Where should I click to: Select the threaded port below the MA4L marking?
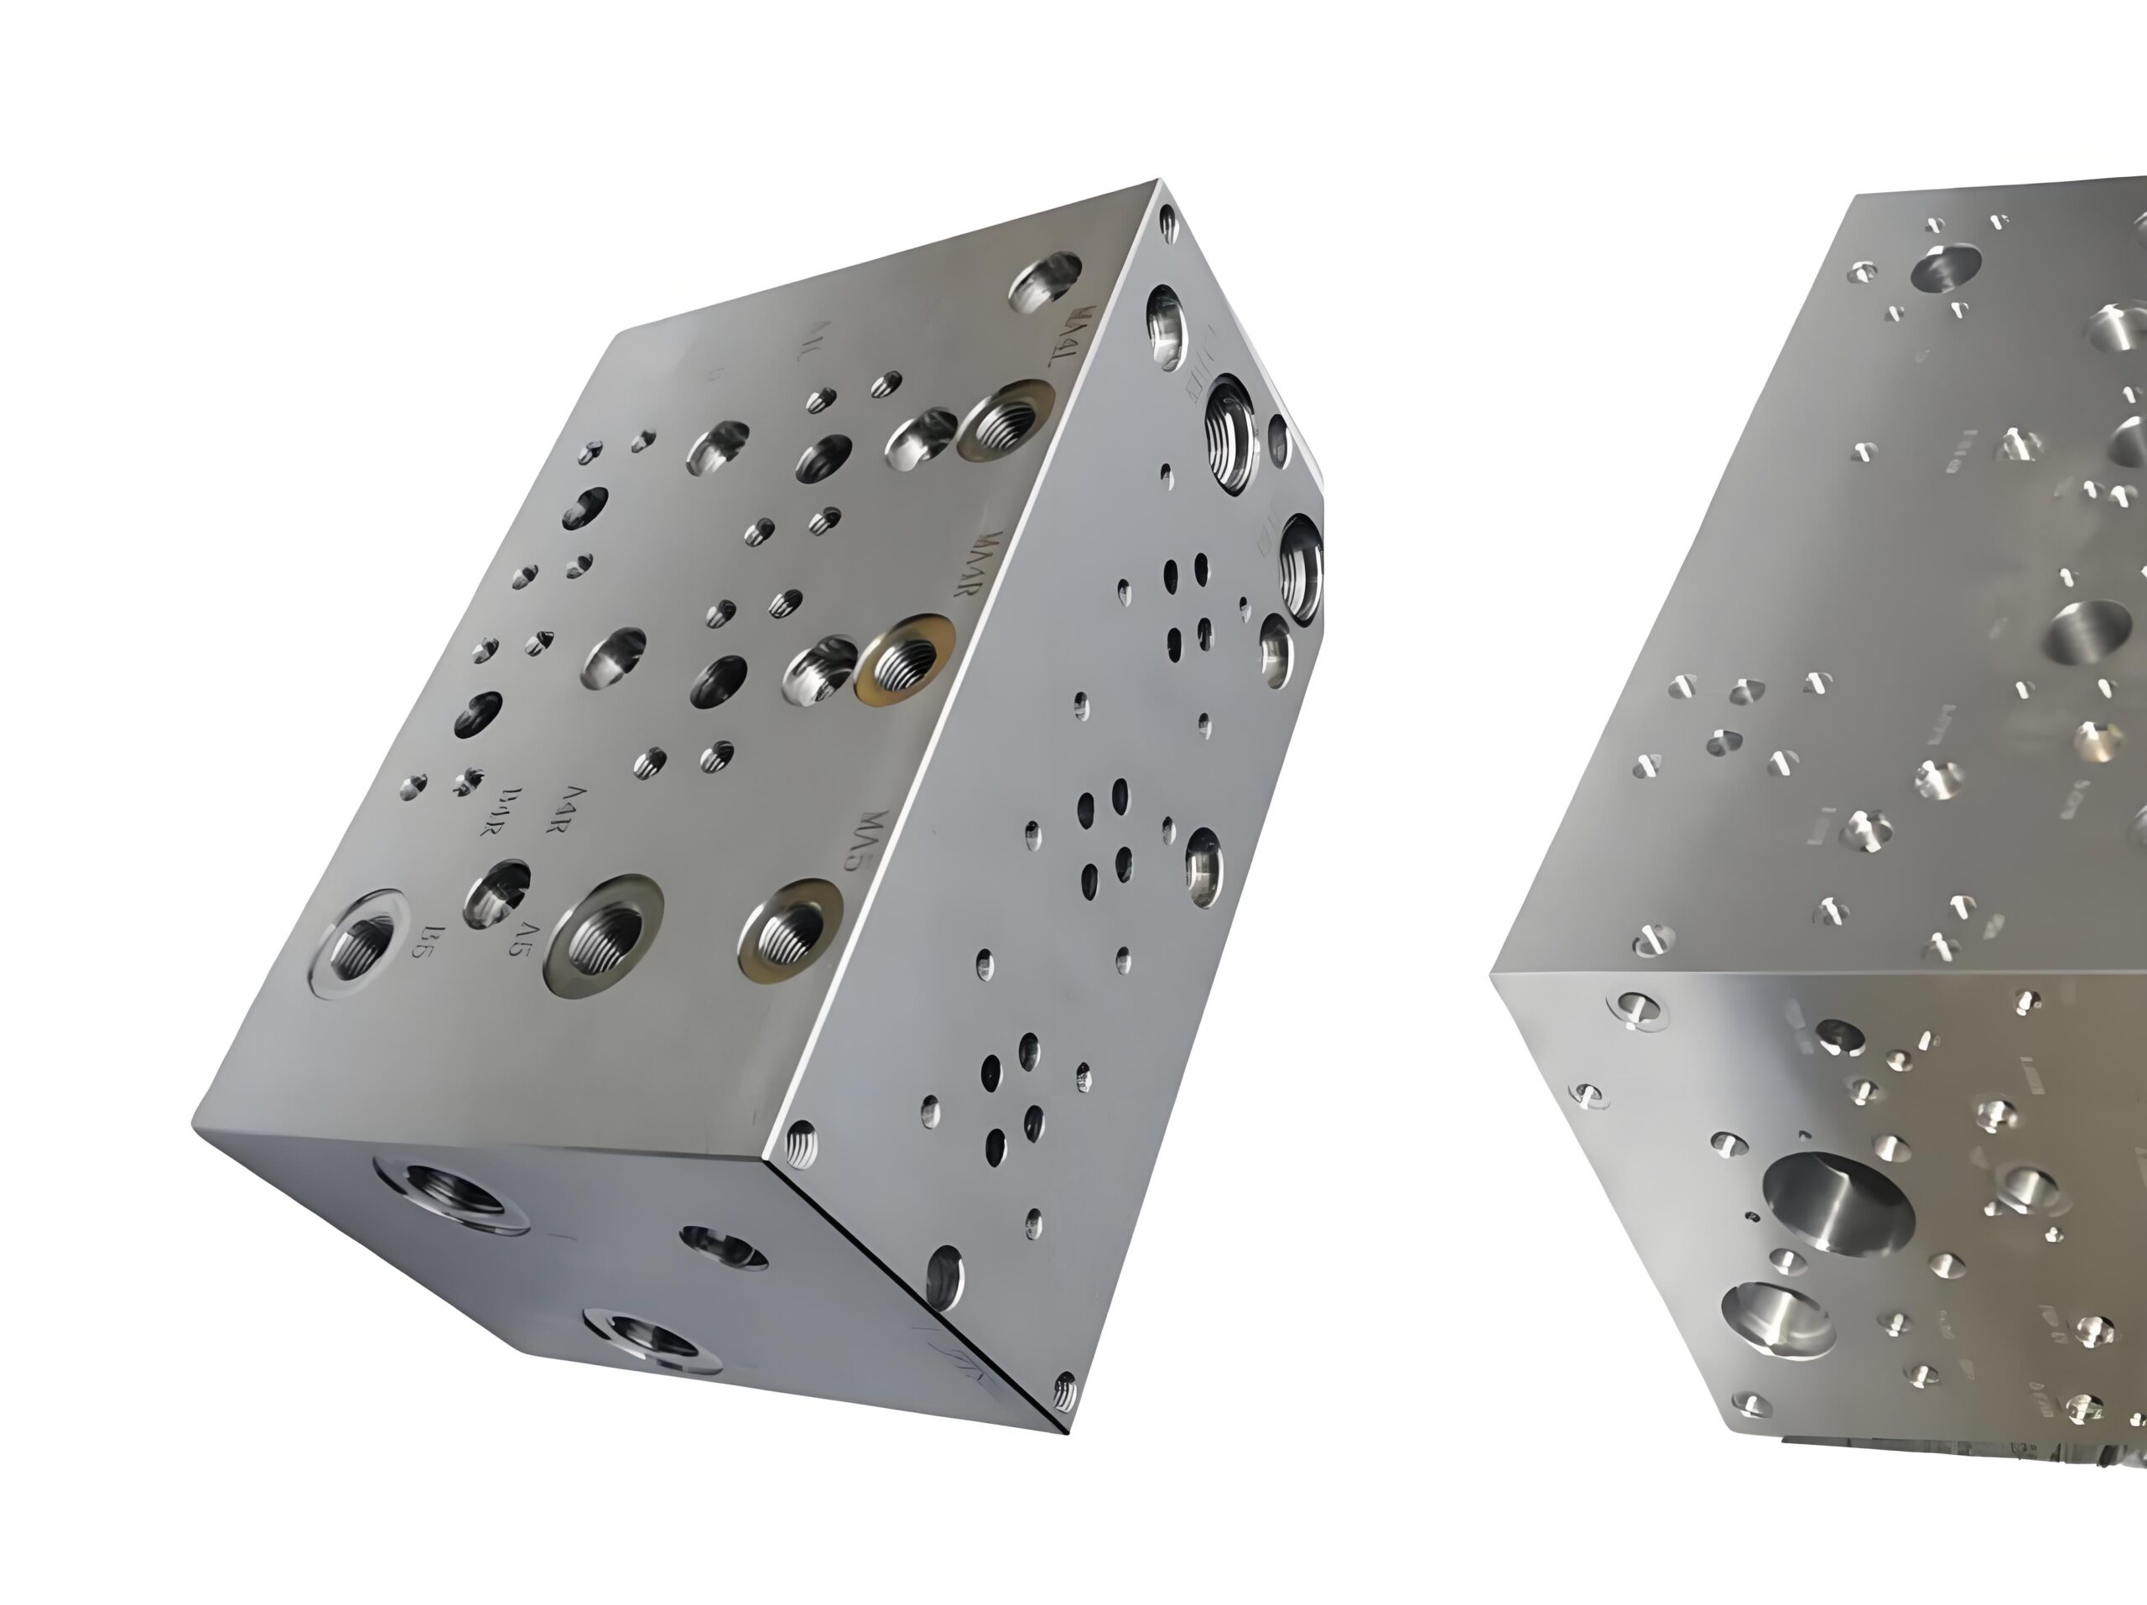(x=1006, y=419)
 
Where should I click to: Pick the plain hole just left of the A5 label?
(x=494, y=893)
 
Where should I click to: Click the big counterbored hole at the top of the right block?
(x=1945, y=267)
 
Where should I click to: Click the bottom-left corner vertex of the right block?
(x=1491, y=975)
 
